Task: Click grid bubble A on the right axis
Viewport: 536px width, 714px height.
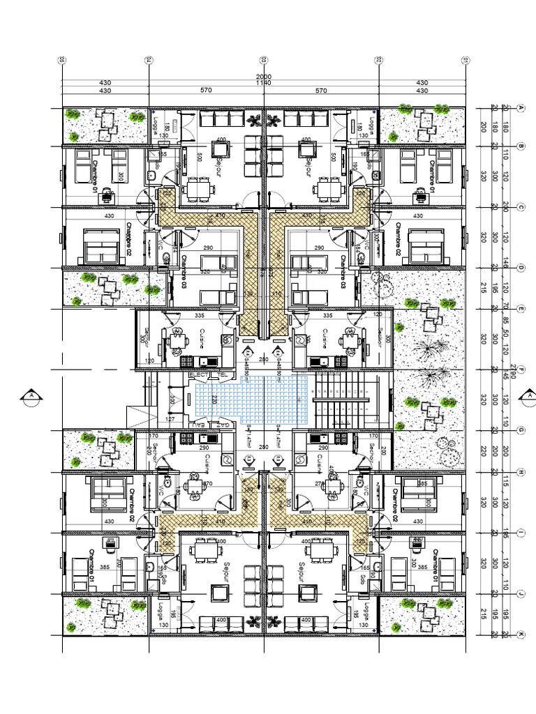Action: coord(521,107)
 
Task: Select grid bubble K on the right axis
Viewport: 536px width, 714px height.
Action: coord(521,635)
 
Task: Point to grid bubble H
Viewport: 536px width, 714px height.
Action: coord(521,472)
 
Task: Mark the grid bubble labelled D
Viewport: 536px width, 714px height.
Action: coord(521,267)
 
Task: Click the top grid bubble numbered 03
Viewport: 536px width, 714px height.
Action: coord(264,60)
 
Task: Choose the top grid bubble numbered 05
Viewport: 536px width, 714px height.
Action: coord(62,60)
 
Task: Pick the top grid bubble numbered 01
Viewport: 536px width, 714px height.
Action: coord(465,60)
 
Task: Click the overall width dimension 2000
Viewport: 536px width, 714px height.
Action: coord(264,76)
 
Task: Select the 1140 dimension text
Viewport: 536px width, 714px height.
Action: coord(264,83)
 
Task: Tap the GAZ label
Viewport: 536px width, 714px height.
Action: coord(222,424)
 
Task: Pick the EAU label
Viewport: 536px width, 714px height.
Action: coord(200,424)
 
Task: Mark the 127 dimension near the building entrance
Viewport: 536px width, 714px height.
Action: coord(170,419)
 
